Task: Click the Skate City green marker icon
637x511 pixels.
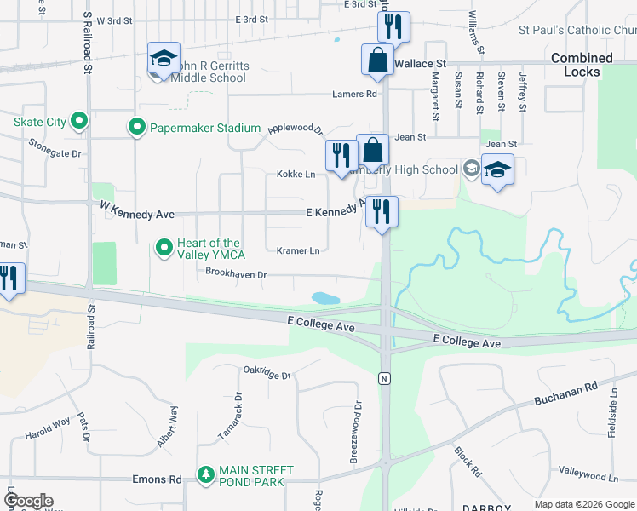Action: [x=79, y=122]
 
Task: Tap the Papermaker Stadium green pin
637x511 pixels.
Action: [x=136, y=128]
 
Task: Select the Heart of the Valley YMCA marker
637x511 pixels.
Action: [x=164, y=249]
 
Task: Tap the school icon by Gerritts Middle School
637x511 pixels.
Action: [x=163, y=59]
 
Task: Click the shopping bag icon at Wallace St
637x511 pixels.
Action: [x=376, y=60]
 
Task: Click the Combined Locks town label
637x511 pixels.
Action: [x=582, y=65]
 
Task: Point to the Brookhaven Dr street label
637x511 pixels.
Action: [x=237, y=274]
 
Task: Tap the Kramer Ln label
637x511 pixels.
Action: [x=298, y=250]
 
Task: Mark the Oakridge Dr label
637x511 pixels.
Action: [x=267, y=373]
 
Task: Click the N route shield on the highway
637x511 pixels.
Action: [x=384, y=377]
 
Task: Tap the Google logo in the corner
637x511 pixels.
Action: [x=28, y=501]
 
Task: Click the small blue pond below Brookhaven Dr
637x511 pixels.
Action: [x=325, y=298]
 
